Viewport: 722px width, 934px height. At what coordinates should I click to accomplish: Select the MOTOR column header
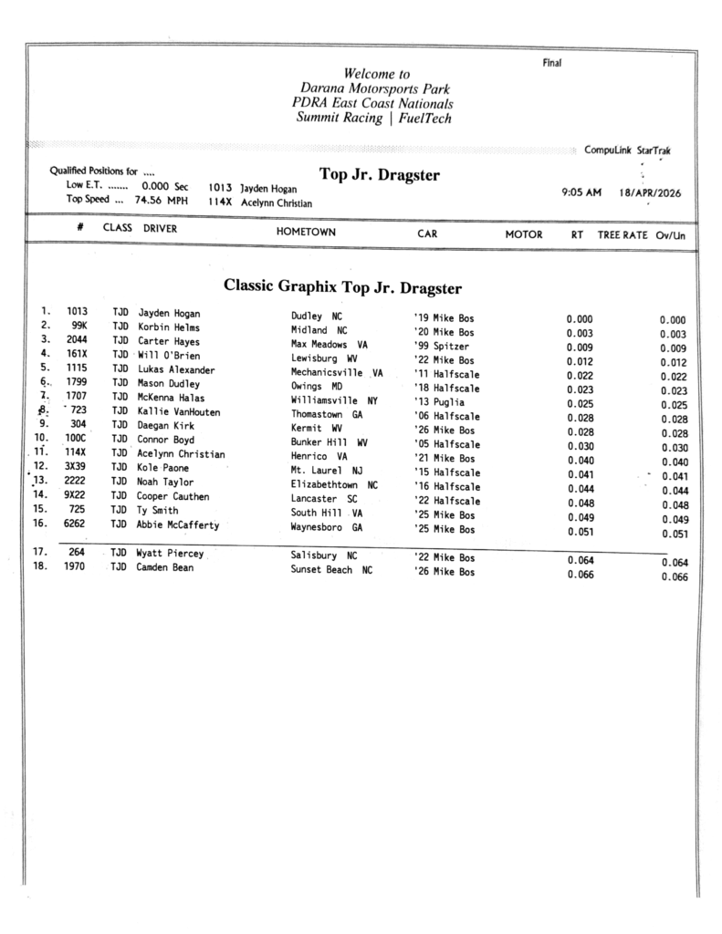(x=524, y=234)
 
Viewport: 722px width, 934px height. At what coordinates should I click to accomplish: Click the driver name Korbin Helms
(x=169, y=327)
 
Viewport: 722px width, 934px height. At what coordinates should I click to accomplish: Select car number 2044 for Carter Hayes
(x=77, y=340)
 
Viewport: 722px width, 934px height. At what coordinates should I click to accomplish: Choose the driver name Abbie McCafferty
(x=179, y=524)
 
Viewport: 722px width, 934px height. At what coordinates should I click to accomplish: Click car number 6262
(x=76, y=524)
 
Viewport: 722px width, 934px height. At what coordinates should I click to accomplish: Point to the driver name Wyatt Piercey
(x=170, y=554)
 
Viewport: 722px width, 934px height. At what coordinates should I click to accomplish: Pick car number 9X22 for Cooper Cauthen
(x=76, y=495)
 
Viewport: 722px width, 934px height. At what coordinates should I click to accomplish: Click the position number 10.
(x=40, y=439)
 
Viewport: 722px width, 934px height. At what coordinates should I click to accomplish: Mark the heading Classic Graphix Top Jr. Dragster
(x=342, y=287)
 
